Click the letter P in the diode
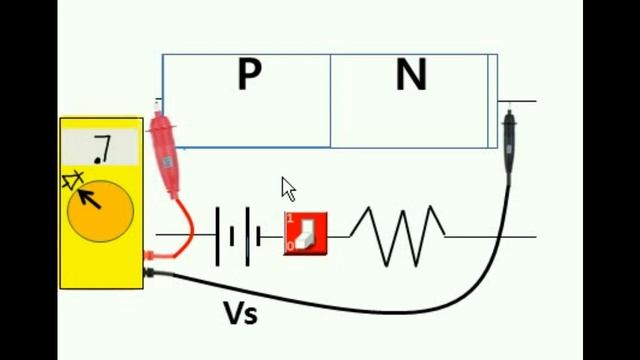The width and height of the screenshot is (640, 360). pyautogui.click(x=249, y=74)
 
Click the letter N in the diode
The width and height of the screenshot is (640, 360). pyautogui.click(x=411, y=75)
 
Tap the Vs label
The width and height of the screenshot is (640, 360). pyautogui.click(x=241, y=313)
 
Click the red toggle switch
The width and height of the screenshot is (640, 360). pyautogui.click(x=305, y=233)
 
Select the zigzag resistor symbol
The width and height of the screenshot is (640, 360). pyautogui.click(x=397, y=236)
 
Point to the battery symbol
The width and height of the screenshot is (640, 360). pyautogui.click(x=238, y=237)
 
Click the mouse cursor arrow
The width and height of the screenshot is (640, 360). pyautogui.click(x=288, y=189)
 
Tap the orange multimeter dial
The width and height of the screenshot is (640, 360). pyautogui.click(x=100, y=211)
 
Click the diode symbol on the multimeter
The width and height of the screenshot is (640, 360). pyautogui.click(x=73, y=180)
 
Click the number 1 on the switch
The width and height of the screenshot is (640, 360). pyautogui.click(x=290, y=219)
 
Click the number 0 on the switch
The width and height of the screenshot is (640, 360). pyautogui.click(x=290, y=246)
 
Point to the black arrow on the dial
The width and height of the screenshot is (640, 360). pyautogui.click(x=89, y=199)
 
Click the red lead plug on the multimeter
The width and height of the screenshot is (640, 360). pyautogui.click(x=150, y=256)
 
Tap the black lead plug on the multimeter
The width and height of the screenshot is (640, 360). pyautogui.click(x=149, y=273)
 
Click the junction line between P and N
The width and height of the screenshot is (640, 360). pyautogui.click(x=330, y=101)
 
